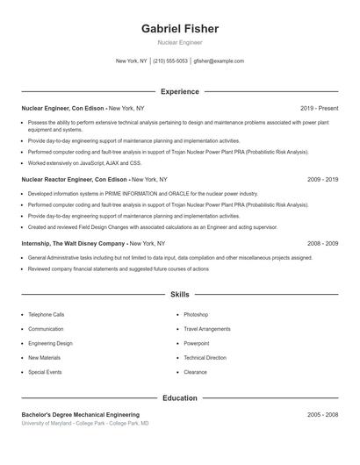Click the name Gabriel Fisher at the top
coord(179,29)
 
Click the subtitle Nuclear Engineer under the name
coord(179,42)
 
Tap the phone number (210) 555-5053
coord(170,61)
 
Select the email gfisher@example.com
coord(219,61)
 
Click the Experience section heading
coord(179,91)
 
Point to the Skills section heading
coord(179,295)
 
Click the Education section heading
coord(179,398)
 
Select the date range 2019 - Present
coord(319,108)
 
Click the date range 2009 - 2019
coord(322,179)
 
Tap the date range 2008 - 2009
coord(322,243)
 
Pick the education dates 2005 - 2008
coord(322,414)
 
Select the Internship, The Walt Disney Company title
coord(74,243)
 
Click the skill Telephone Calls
coord(46,314)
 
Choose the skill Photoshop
coord(196,314)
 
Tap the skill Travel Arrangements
coord(206,329)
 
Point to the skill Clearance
coord(195,372)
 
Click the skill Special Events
coord(45,372)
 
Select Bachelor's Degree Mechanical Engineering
coord(80,414)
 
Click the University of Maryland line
coord(85,423)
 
